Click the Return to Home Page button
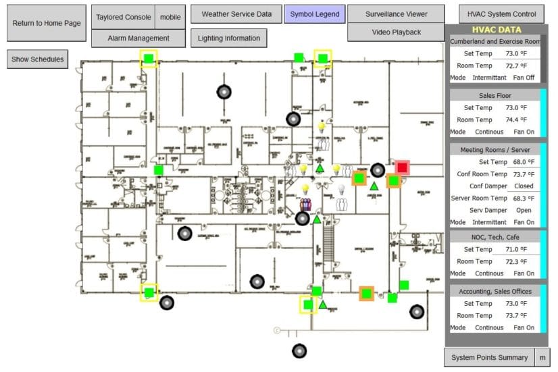click(47, 23)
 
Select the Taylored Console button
click(123, 18)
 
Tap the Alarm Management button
click(138, 38)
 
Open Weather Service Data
click(236, 14)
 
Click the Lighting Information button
click(228, 38)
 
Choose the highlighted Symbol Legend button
click(314, 14)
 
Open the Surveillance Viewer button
click(397, 14)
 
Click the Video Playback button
click(397, 32)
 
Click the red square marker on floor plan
click(402, 167)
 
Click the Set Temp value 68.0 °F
click(521, 162)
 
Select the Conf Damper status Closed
click(523, 186)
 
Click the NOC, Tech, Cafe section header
click(495, 238)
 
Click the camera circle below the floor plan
click(299, 351)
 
